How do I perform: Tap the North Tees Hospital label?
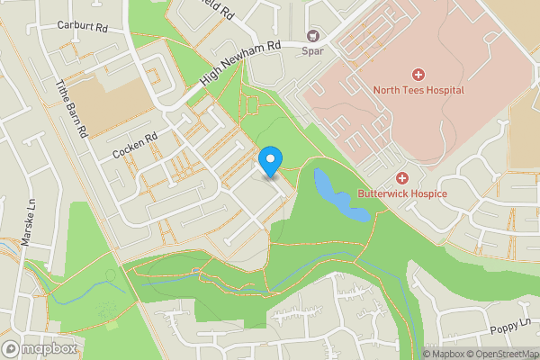(418, 90)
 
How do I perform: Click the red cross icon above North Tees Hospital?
(418, 74)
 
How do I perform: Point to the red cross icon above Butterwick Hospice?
(402, 177)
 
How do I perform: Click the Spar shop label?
(312, 51)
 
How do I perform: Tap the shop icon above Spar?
(313, 36)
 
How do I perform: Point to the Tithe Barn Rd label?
(71, 105)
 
